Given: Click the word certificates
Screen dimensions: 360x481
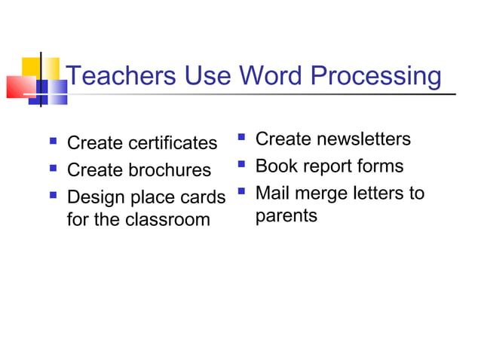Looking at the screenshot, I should (x=173, y=142).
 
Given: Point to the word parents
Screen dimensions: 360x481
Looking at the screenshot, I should (x=286, y=216).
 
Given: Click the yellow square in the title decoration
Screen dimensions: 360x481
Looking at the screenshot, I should (x=30, y=66).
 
